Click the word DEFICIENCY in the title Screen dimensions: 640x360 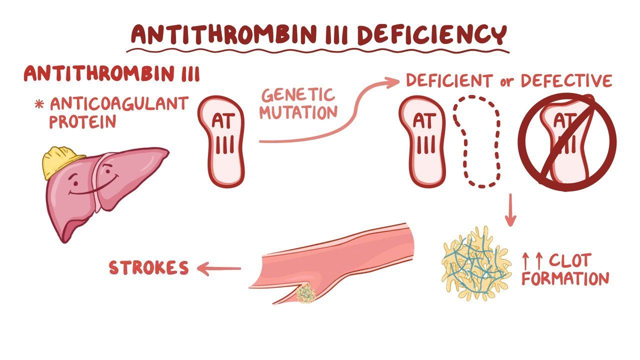[x=432, y=34]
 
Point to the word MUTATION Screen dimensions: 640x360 [x=298, y=112]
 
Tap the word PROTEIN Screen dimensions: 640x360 [x=83, y=121]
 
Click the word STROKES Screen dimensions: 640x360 [x=149, y=267]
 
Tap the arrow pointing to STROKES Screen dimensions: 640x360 [x=219, y=268]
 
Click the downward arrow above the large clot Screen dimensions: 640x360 [x=510, y=210]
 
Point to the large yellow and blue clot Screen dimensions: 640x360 [x=475, y=263]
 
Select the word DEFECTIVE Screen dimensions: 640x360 [x=567, y=80]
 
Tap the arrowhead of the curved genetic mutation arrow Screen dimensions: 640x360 [x=392, y=82]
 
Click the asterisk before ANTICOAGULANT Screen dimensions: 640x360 [x=39, y=104]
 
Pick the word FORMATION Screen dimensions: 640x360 [x=565, y=278]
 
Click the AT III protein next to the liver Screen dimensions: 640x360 [x=221, y=141]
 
